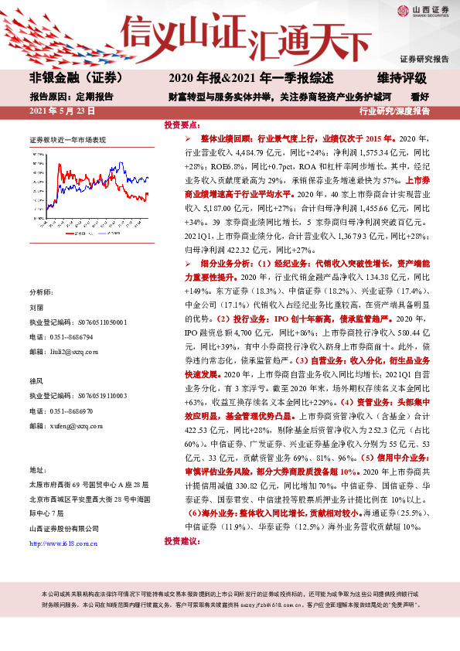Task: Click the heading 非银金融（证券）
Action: pos(68,79)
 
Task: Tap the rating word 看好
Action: pos(421,97)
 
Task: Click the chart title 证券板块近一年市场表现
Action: pos(67,141)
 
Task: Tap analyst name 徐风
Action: pos(36,380)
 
